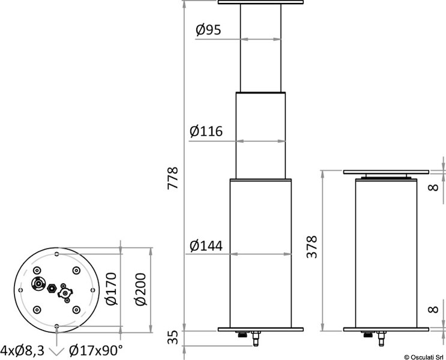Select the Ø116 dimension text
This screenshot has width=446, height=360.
206,131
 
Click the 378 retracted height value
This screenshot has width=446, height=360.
312,247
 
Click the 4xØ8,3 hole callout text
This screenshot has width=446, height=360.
22,349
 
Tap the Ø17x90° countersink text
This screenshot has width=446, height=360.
96,349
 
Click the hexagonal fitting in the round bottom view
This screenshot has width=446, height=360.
53,287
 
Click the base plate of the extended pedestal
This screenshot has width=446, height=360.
261,329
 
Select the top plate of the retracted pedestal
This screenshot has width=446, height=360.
387,172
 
